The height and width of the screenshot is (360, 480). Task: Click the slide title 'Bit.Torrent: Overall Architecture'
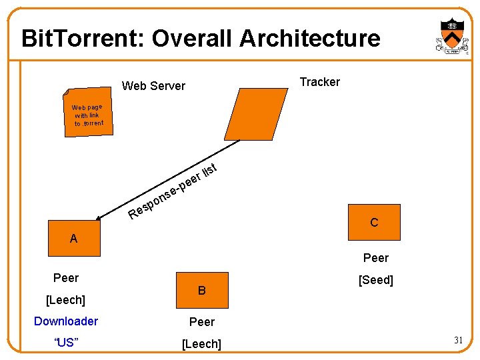[201, 39]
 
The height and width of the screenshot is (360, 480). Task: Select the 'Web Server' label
[153, 85]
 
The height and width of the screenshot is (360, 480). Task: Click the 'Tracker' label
[319, 82]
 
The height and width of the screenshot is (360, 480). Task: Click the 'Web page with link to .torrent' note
[87, 115]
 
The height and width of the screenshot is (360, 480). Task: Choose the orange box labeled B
[201, 291]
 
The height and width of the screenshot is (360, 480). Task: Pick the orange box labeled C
[373, 223]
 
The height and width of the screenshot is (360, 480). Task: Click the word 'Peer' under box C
[376, 258]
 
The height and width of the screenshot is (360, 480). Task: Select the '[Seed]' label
[376, 281]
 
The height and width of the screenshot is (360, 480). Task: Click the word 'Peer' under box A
[66, 278]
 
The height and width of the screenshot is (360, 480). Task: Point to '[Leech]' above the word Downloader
[65, 300]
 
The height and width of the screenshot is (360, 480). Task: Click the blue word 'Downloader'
[66, 321]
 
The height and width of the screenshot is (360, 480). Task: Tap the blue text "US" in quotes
[66, 343]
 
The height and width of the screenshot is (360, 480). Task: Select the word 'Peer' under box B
[202, 322]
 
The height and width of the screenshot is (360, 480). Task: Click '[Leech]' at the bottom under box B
[201, 344]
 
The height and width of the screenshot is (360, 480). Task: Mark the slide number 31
[459, 341]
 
